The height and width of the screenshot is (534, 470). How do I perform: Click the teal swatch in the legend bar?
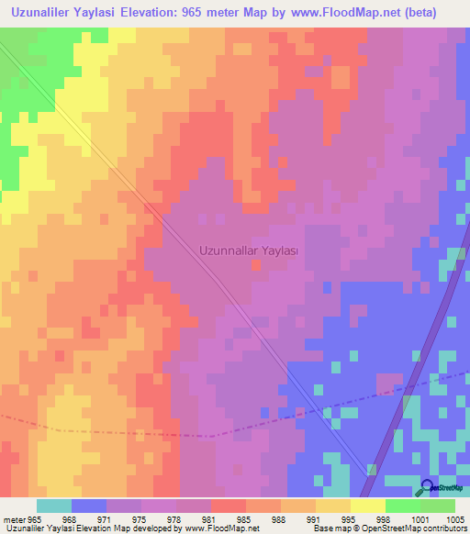54,506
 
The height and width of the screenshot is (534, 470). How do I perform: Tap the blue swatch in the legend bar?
89,506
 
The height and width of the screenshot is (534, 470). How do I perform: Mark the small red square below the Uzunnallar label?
255,266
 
